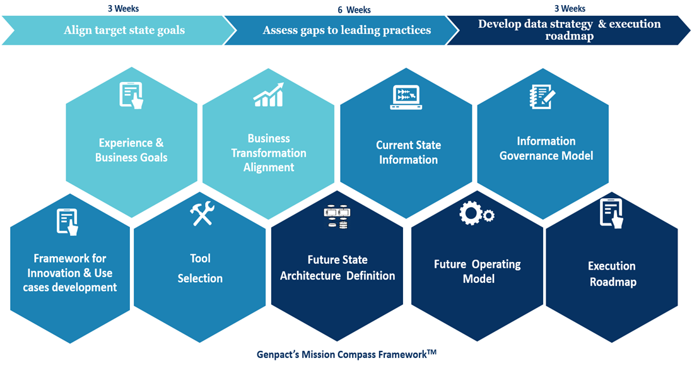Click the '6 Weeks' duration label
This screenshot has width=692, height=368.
tap(354, 10)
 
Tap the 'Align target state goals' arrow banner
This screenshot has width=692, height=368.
tap(124, 30)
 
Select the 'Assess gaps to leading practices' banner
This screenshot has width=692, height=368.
tap(347, 30)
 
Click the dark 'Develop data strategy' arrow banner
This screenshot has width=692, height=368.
tap(569, 30)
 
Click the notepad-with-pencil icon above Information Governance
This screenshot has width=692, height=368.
tap(542, 97)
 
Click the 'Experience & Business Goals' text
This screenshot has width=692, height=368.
tap(131, 150)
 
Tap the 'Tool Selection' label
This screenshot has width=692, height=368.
tap(200, 268)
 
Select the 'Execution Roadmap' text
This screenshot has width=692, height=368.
tap(612, 274)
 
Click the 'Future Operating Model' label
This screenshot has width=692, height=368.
tap(478, 271)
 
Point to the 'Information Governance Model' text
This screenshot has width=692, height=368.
tap(546, 148)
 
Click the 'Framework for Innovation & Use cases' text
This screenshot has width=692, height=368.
tap(69, 273)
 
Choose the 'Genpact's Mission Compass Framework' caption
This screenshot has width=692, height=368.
tap(341, 355)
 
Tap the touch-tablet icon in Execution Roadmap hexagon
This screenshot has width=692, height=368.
tap(611, 213)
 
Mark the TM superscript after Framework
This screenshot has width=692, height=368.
tap(431, 352)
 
